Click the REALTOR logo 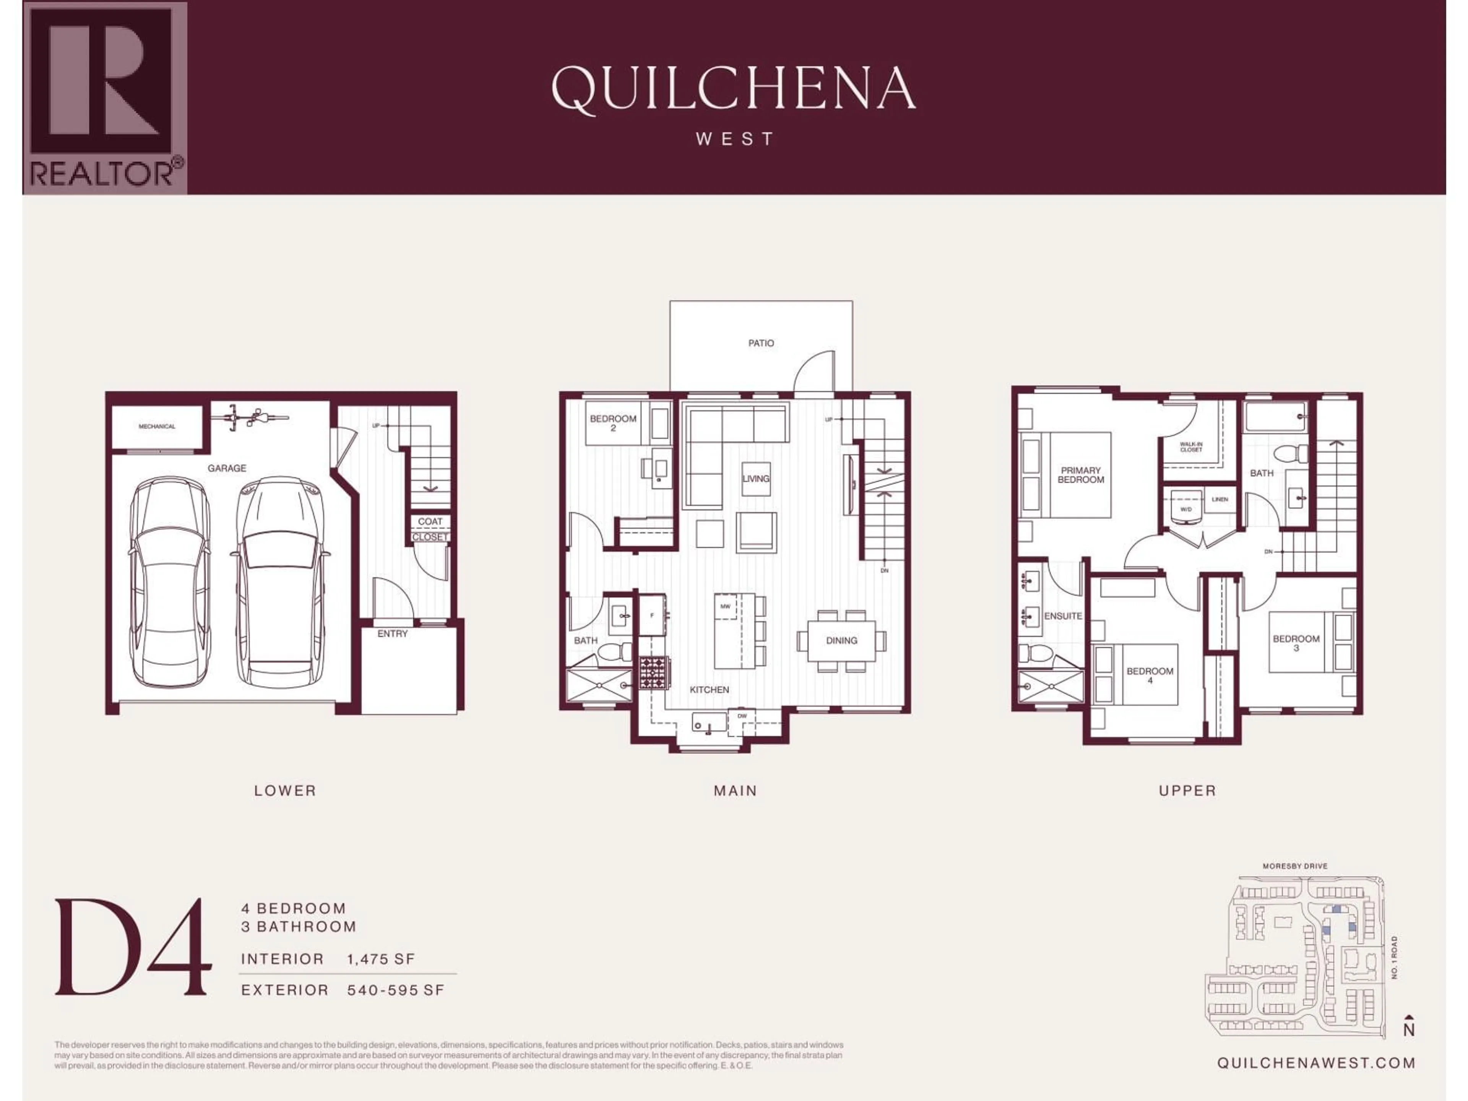105,98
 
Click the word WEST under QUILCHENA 735,140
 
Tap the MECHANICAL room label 157,427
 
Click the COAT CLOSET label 429,529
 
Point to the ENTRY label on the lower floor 392,634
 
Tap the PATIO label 760,343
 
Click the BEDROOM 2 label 612,423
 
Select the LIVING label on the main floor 755,479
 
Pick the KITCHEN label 709,690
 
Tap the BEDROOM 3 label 1296,642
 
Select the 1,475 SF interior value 380,959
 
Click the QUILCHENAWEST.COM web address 1315,1062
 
